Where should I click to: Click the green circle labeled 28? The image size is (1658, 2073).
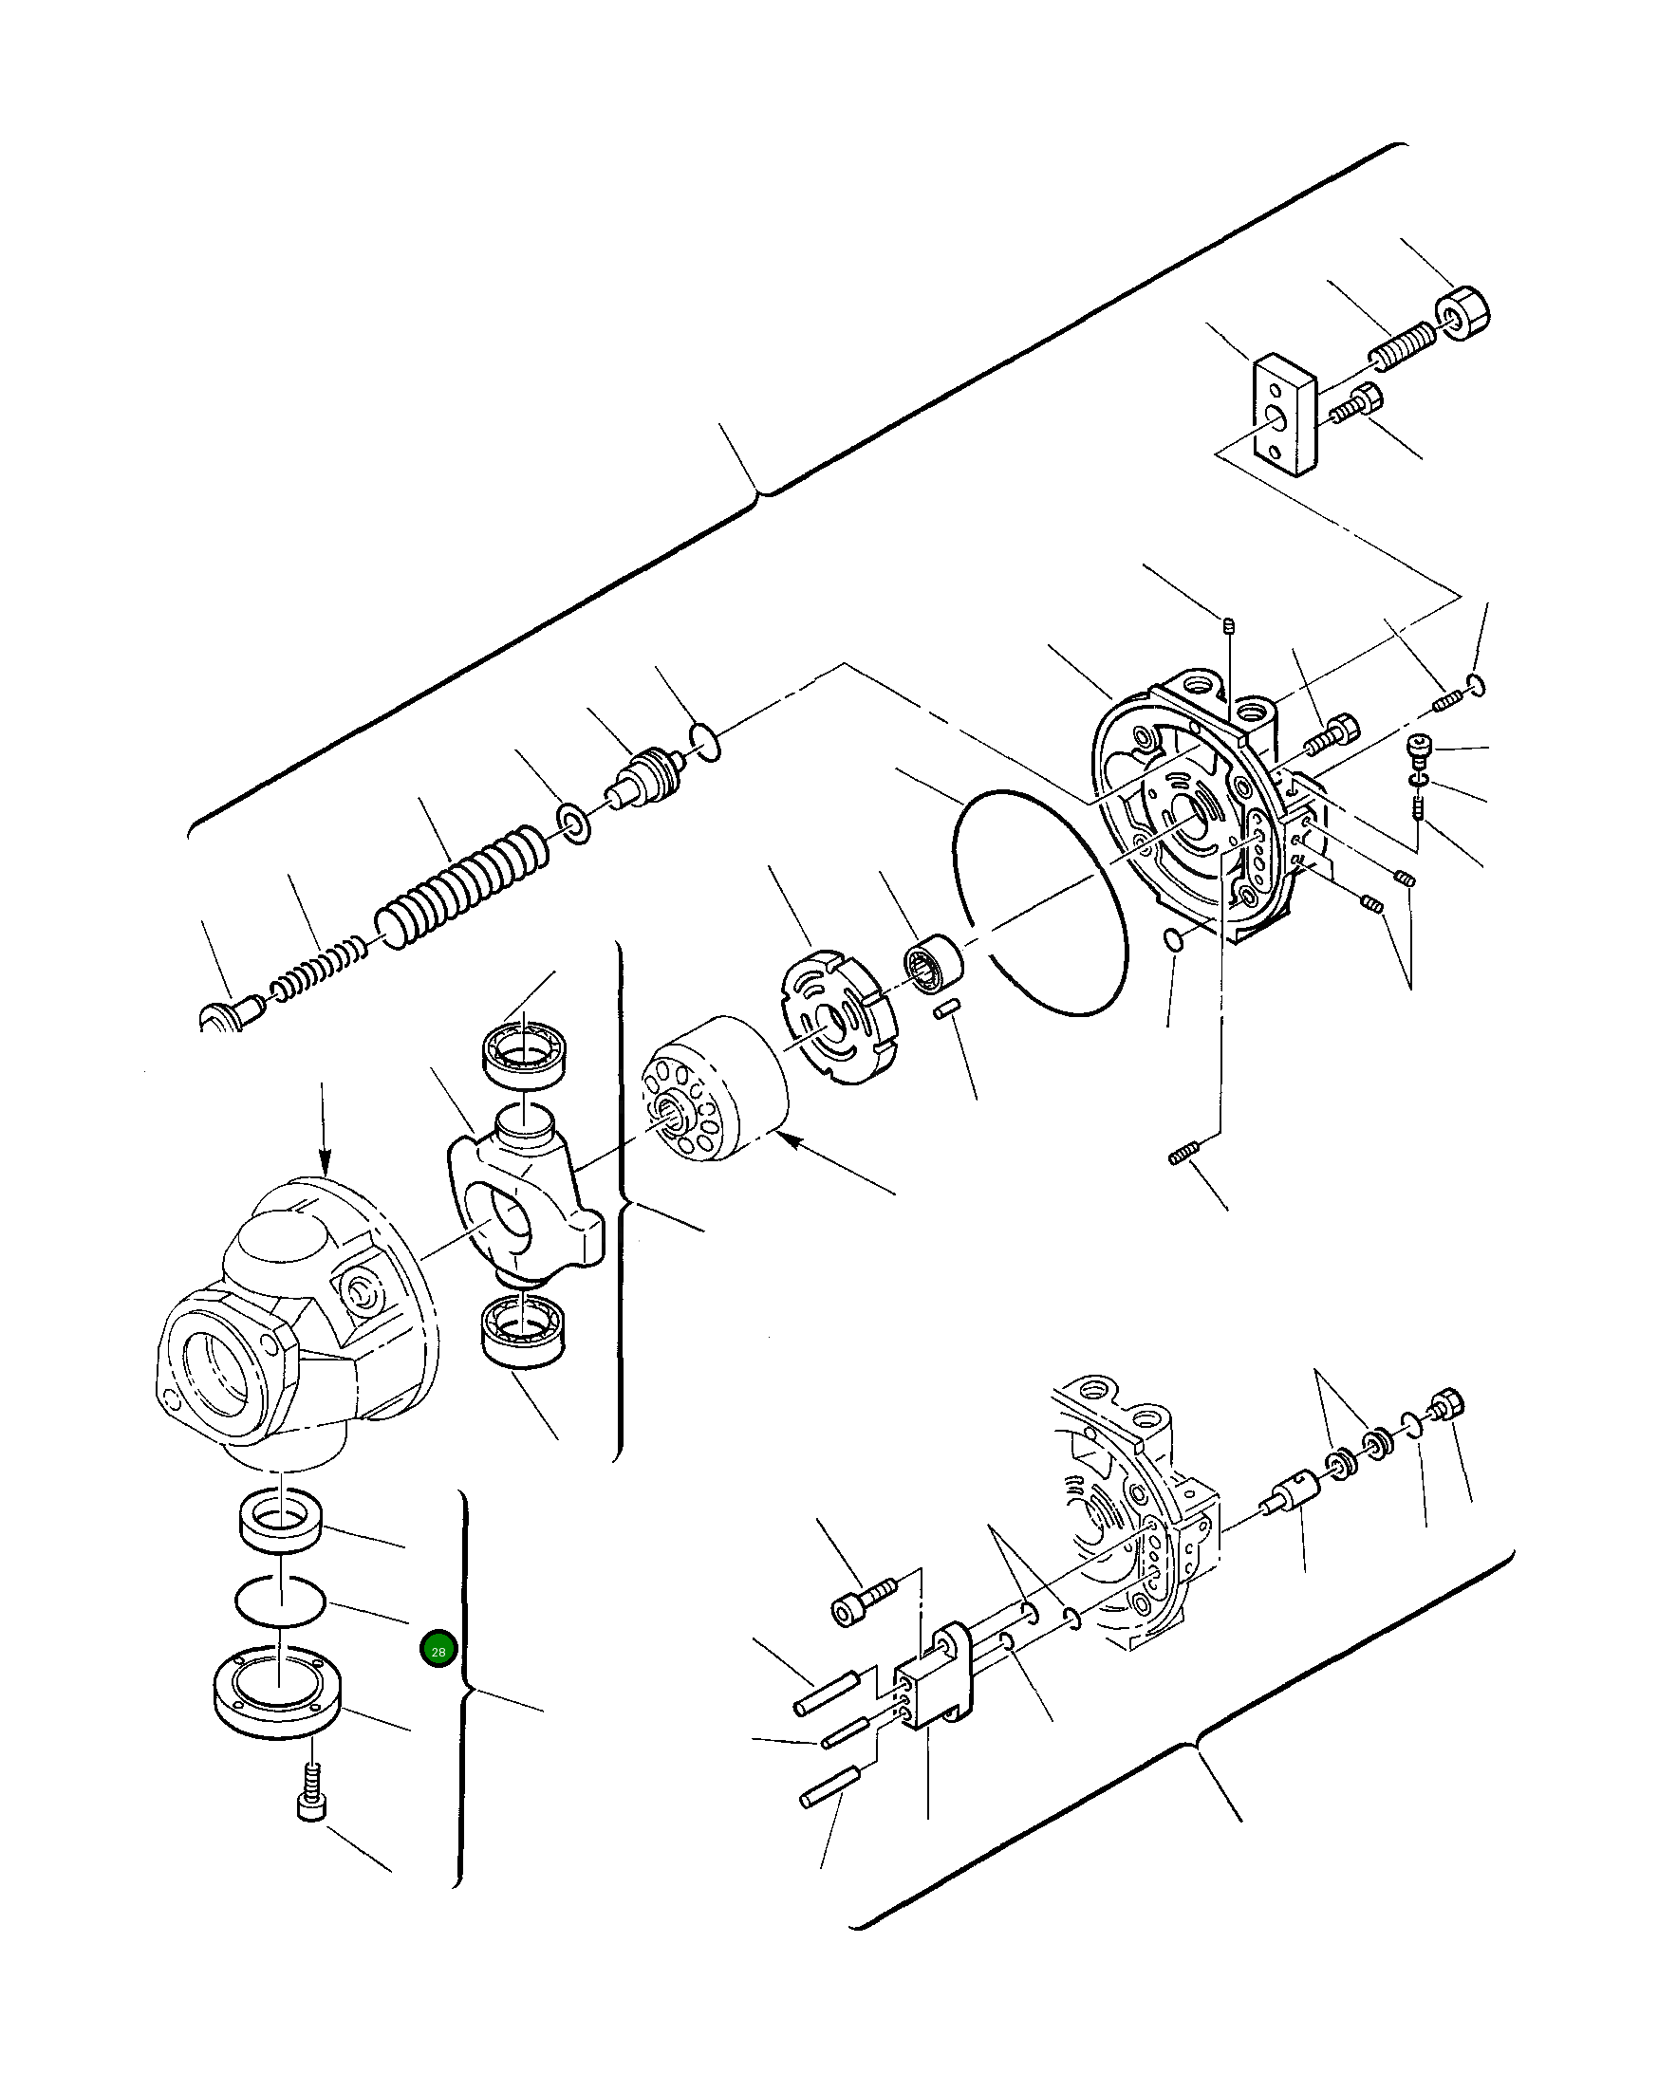(438, 1651)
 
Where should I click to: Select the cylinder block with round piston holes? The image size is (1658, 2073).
(713, 1088)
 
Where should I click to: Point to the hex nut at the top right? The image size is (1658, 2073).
(1462, 313)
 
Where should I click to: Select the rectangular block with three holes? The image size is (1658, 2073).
(1284, 414)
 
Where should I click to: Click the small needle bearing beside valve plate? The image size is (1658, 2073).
(934, 961)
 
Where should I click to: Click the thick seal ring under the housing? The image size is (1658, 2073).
(280, 1520)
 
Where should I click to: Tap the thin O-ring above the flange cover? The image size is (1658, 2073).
(280, 1601)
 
